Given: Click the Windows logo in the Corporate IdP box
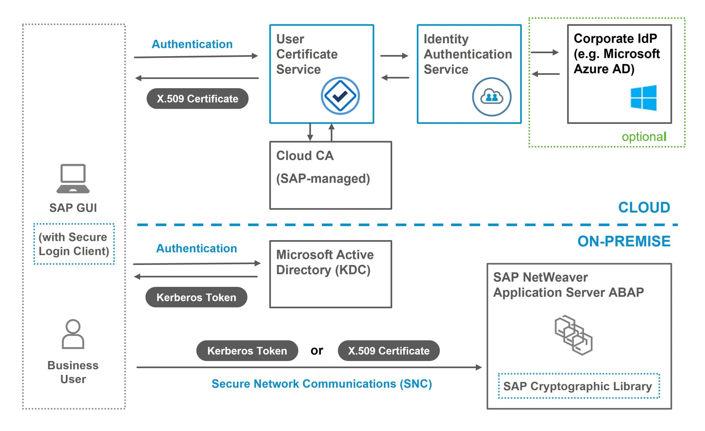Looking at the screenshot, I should click(x=643, y=97).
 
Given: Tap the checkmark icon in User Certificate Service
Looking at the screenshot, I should click(x=340, y=96).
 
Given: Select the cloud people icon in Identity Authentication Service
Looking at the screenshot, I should click(x=491, y=97).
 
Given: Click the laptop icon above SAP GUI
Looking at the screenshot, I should click(x=73, y=178).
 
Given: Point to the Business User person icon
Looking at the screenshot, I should click(x=73, y=334).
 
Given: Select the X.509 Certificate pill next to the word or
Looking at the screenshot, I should click(x=389, y=351).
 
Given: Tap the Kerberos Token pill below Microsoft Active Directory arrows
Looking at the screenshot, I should click(x=196, y=297).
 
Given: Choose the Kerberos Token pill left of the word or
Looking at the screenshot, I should click(x=247, y=351).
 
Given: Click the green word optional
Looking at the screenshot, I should click(x=644, y=137).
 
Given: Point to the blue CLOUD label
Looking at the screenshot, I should click(x=644, y=207).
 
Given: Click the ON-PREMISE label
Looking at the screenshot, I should click(x=624, y=241).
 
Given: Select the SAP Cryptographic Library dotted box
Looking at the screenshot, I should click(x=579, y=386).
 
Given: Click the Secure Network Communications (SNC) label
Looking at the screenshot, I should click(x=322, y=384).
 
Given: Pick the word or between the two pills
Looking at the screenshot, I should click(x=317, y=351).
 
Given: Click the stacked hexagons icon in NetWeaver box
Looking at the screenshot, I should click(x=573, y=335).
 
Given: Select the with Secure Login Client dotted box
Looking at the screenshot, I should click(x=74, y=244).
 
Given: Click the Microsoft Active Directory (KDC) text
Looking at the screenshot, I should click(x=324, y=262).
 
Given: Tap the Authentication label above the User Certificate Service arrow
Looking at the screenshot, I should click(x=192, y=44).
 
